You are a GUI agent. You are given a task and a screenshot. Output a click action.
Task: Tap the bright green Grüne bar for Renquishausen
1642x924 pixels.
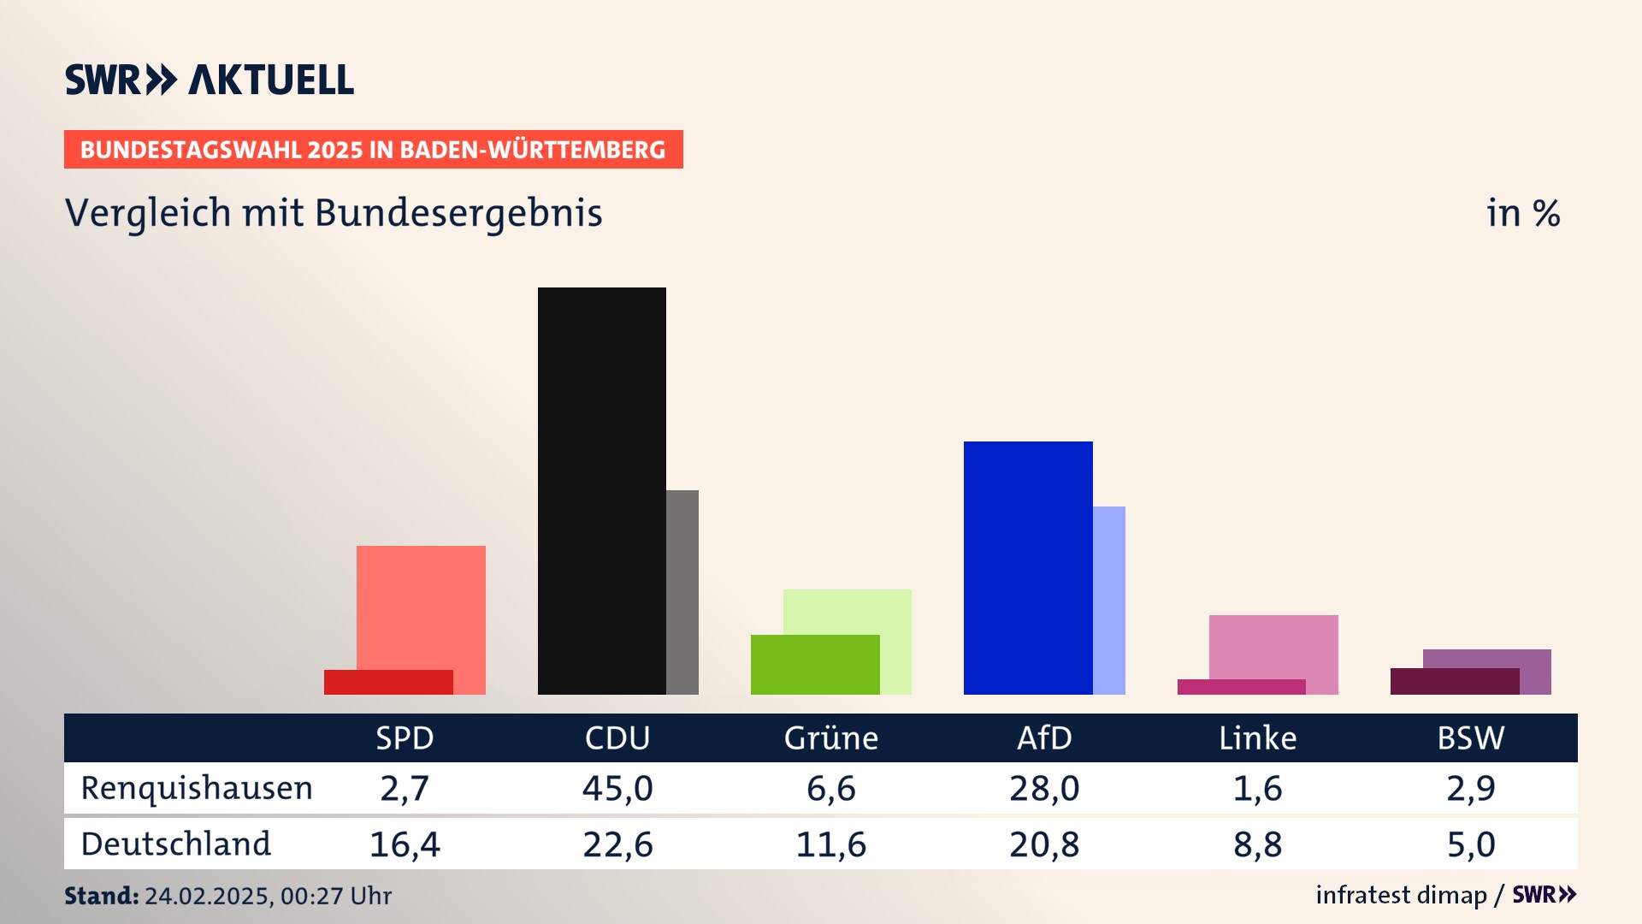pyautogui.click(x=814, y=665)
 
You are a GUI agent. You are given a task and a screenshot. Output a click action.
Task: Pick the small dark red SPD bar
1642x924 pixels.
pyautogui.click(x=388, y=682)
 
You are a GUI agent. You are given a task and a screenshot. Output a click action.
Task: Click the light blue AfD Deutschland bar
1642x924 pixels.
pyautogui.click(x=1109, y=600)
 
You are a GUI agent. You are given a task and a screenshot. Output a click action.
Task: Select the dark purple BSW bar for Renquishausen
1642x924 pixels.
pyautogui.click(x=1454, y=681)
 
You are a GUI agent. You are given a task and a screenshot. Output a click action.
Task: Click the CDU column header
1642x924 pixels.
pyautogui.click(x=617, y=737)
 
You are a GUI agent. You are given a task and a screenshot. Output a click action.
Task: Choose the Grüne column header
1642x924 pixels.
pyautogui.click(x=831, y=737)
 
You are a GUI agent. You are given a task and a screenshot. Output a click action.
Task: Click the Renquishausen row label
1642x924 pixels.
pyautogui.click(x=197, y=788)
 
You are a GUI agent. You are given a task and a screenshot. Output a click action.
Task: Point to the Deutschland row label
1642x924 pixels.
pyautogui.click(x=176, y=844)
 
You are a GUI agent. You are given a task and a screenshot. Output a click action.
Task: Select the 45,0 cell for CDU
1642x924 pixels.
pyautogui.click(x=617, y=788)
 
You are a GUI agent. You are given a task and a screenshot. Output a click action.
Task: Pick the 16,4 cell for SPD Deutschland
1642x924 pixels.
pyautogui.click(x=405, y=844)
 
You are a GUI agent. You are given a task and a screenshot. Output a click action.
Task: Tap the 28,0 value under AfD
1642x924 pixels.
pyautogui.click(x=1044, y=788)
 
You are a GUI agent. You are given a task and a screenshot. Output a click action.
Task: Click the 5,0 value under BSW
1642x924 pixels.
pyautogui.click(x=1471, y=844)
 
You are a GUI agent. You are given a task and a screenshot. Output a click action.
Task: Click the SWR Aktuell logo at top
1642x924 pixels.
pyautogui.click(x=210, y=80)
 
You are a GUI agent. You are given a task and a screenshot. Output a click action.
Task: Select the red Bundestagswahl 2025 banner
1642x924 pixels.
pyautogui.click(x=373, y=150)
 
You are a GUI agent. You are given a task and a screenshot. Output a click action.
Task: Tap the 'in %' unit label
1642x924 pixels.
pyautogui.click(x=1523, y=213)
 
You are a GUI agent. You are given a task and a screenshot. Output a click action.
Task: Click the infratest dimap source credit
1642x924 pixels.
pyautogui.click(x=1401, y=895)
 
